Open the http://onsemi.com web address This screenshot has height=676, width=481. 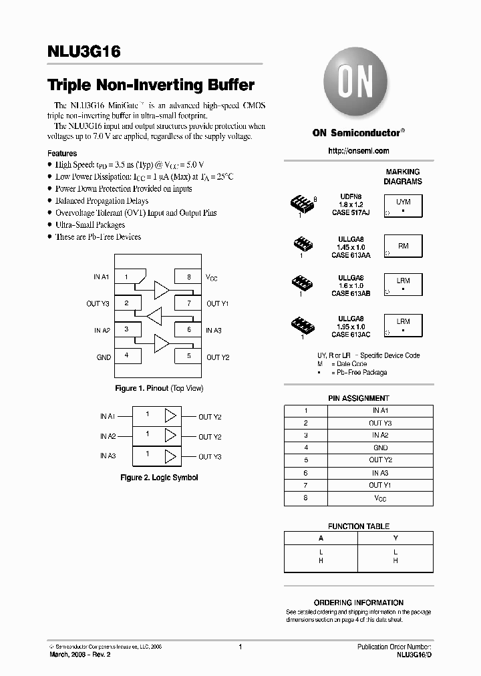point(358,151)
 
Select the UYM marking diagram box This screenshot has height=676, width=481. point(403,206)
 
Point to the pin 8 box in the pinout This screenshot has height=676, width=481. point(189,277)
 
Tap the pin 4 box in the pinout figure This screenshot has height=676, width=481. point(126,356)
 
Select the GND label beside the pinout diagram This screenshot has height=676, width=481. point(104,357)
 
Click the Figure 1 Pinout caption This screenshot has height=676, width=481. point(159,388)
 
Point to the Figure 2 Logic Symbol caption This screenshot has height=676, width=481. point(159,478)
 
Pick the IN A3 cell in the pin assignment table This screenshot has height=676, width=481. point(380,473)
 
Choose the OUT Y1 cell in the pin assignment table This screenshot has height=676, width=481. point(380,485)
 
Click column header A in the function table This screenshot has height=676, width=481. point(321,538)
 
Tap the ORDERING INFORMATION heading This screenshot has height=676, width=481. point(359,603)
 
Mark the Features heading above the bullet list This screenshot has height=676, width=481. point(62,153)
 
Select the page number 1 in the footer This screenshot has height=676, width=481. point(240,647)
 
